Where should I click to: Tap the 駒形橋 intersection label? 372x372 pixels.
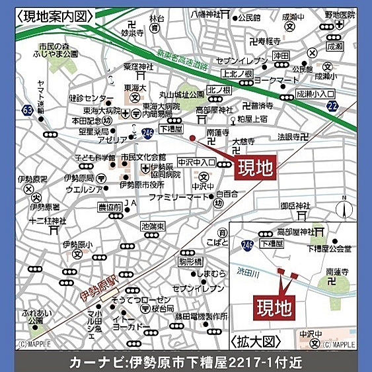190,262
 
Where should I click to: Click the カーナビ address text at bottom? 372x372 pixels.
186,362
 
